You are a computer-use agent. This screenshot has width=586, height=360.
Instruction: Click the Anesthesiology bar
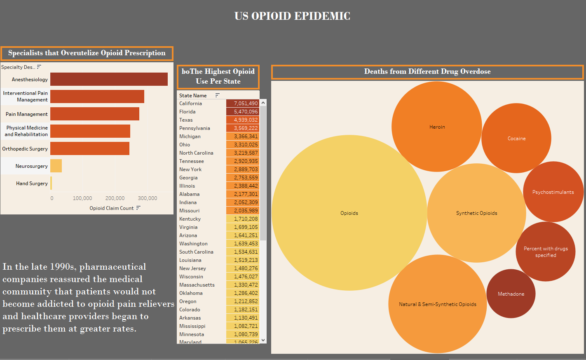pyautogui.click(x=109, y=79)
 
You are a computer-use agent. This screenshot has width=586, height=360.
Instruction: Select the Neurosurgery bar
pyautogui.click(x=56, y=166)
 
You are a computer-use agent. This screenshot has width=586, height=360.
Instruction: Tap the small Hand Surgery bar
pyautogui.click(x=51, y=183)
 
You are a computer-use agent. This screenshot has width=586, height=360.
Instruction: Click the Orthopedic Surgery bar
pyautogui.click(x=90, y=148)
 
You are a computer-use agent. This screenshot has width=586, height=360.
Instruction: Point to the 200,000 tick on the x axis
pyautogui.click(x=115, y=198)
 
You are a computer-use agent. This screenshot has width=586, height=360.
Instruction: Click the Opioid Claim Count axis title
pyautogui.click(x=112, y=208)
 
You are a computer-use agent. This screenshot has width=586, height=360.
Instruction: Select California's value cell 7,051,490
pyautogui.click(x=243, y=104)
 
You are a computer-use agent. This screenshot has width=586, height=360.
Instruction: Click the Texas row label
pyautogui.click(x=186, y=120)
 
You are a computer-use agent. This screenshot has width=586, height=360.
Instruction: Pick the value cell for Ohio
pyautogui.click(x=243, y=145)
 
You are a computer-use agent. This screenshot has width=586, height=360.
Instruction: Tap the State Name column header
pyautogui.click(x=193, y=96)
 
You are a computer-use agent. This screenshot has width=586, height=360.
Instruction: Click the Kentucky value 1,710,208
pyautogui.click(x=243, y=219)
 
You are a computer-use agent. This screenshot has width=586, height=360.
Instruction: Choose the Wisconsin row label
pyautogui.click(x=191, y=277)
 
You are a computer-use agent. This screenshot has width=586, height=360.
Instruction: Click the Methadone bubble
pyautogui.click(x=511, y=294)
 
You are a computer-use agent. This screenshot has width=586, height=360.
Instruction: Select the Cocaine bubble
pyautogui.click(x=516, y=139)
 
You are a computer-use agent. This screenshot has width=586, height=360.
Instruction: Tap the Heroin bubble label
pyautogui.click(x=437, y=127)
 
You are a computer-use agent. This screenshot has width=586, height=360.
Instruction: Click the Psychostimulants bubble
pyautogui.click(x=553, y=192)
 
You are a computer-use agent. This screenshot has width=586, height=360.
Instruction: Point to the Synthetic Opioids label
pyautogui.click(x=477, y=213)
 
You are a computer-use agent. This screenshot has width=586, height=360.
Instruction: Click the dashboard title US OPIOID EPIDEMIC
pyautogui.click(x=292, y=16)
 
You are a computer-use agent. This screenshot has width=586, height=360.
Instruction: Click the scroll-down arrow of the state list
pyautogui.click(x=263, y=340)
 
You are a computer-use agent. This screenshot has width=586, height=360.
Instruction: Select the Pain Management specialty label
pyautogui.click(x=27, y=114)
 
